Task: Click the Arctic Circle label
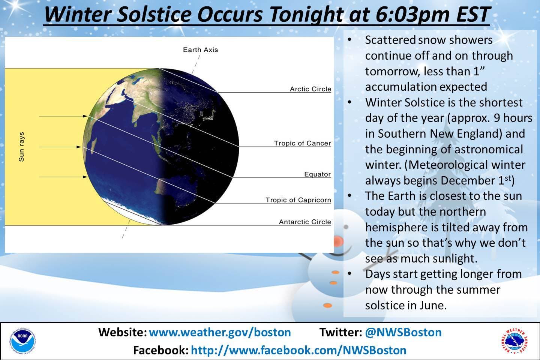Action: point(310,89)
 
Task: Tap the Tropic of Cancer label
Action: point(303,143)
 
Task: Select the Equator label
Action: point(318,174)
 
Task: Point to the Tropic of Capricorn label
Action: point(298,200)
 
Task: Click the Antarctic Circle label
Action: point(305,222)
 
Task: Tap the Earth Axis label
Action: point(200,49)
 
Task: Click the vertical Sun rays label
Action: point(21,147)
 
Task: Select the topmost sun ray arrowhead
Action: point(85,116)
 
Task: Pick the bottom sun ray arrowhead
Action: point(85,177)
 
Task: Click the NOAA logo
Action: point(23,341)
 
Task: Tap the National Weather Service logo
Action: point(514,341)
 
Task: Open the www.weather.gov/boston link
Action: point(220,332)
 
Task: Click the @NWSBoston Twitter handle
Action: point(403,332)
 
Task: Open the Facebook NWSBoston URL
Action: point(298,350)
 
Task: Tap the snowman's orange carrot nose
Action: point(339,241)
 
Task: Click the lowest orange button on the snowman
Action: point(328,306)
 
